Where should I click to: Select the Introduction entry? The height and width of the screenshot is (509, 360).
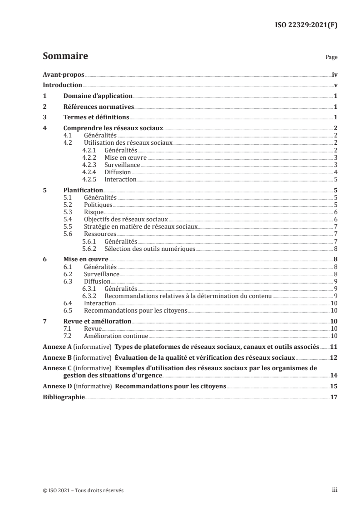(x=62, y=85)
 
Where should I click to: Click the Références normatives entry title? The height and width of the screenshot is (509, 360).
(x=99, y=107)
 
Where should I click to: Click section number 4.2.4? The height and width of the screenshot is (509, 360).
(x=90, y=172)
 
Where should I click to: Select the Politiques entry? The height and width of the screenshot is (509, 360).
(x=98, y=205)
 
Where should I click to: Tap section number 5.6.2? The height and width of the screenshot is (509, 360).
(x=90, y=249)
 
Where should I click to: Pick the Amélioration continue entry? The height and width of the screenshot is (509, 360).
(x=116, y=336)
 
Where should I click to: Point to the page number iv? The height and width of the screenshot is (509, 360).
(x=335, y=74)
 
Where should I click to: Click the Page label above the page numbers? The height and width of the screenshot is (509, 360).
(x=331, y=58)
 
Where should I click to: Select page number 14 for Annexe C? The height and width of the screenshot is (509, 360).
(x=334, y=376)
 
